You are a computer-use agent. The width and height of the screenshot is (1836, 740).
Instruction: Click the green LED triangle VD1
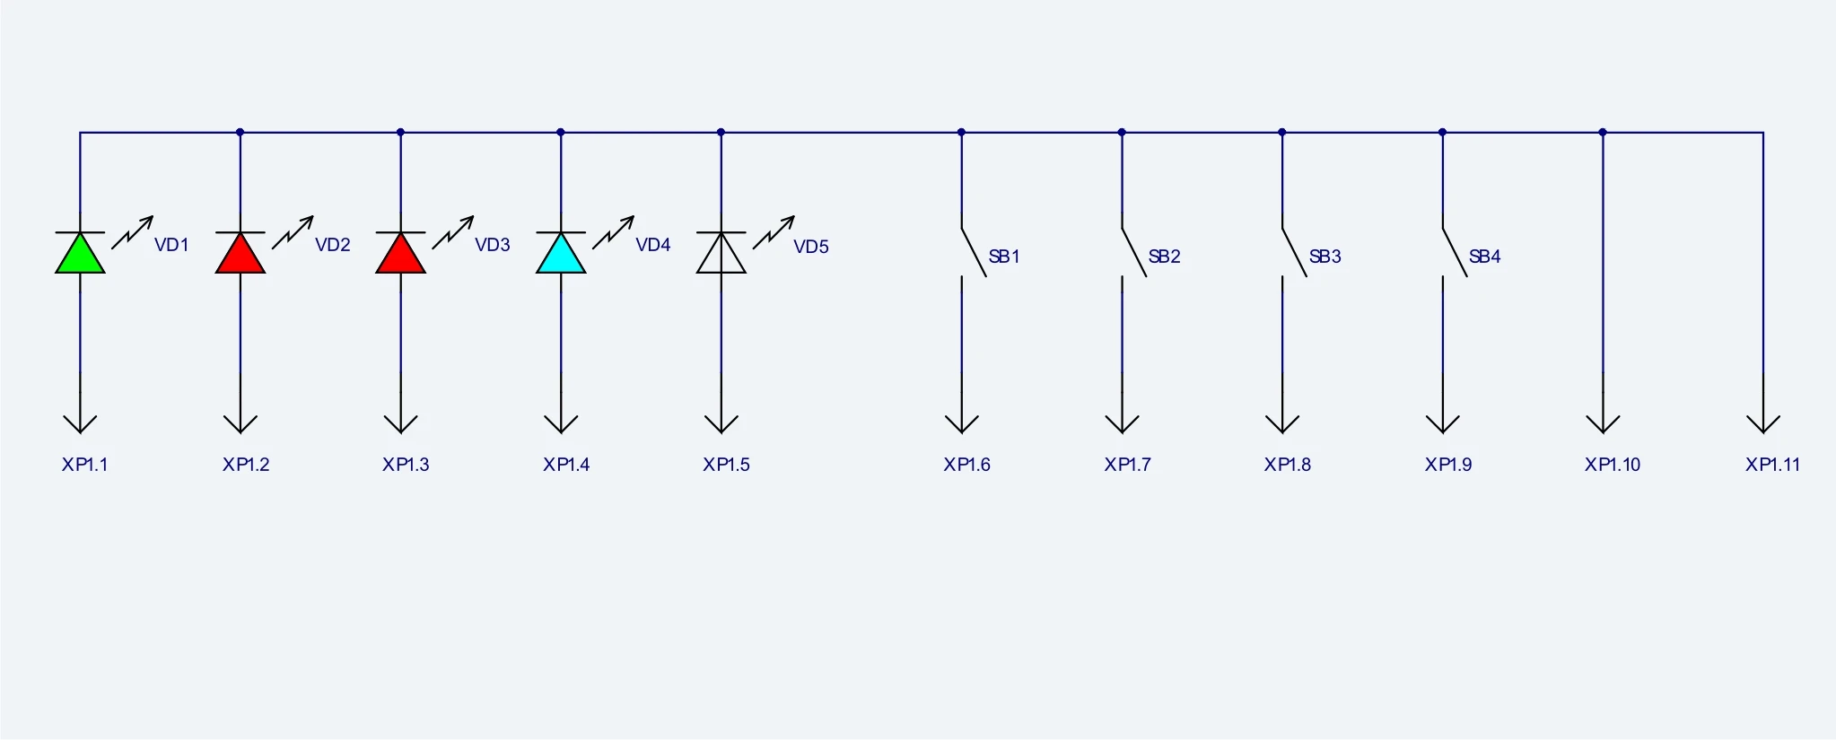80,254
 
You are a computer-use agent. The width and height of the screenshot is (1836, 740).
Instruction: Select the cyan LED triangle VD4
561,254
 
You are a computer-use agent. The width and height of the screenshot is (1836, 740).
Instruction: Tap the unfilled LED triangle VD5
721,254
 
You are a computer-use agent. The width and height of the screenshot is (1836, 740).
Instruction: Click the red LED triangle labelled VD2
240,254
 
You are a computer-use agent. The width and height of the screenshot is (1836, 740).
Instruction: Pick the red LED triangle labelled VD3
400,254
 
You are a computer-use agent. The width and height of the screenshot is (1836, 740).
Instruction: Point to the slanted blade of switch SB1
974,252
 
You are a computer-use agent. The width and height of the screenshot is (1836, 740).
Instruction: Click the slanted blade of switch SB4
1455,252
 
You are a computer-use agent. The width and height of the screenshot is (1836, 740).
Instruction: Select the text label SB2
1164,257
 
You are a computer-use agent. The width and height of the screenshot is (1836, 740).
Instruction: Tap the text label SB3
1325,257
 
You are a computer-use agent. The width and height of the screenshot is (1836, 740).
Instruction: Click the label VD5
811,247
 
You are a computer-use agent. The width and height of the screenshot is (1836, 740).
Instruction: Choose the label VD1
171,245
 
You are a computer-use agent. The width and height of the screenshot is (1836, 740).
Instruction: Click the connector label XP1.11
1772,465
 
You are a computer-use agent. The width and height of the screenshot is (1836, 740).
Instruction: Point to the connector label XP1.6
966,465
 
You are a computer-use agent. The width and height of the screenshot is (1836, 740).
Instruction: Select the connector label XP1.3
406,465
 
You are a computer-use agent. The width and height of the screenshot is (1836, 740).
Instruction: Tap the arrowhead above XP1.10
1603,423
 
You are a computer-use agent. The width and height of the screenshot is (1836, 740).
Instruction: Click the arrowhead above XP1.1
80,423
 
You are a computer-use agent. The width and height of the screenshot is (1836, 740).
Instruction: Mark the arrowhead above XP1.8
1282,423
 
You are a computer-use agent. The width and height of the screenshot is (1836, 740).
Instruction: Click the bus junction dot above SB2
1122,133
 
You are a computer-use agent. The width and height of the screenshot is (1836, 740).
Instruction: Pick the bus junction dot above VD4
561,133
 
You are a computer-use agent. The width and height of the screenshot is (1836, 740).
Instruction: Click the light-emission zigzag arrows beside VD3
453,231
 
